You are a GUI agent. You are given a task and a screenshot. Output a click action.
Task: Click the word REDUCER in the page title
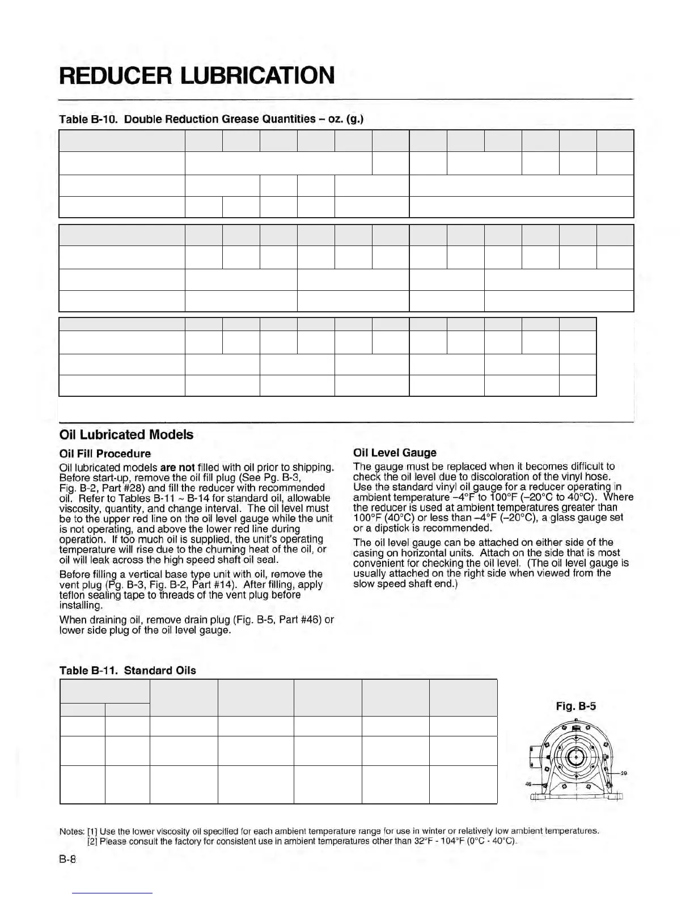coord(117,75)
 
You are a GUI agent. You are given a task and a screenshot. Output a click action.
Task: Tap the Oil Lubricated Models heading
coord(126,435)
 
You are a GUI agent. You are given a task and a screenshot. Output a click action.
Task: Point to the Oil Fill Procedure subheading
coord(105,454)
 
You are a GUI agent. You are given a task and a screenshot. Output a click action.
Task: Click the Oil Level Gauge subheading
coord(395,452)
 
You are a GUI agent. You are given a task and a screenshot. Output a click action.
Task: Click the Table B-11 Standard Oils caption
coord(128,671)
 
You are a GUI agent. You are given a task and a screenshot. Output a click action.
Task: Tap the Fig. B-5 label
coord(575,706)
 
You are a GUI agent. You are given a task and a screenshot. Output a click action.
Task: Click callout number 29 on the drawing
coord(623,773)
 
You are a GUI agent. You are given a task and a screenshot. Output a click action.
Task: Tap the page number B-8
coord(67,859)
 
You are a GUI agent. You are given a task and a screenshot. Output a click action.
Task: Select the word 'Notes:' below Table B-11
coord(71,831)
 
